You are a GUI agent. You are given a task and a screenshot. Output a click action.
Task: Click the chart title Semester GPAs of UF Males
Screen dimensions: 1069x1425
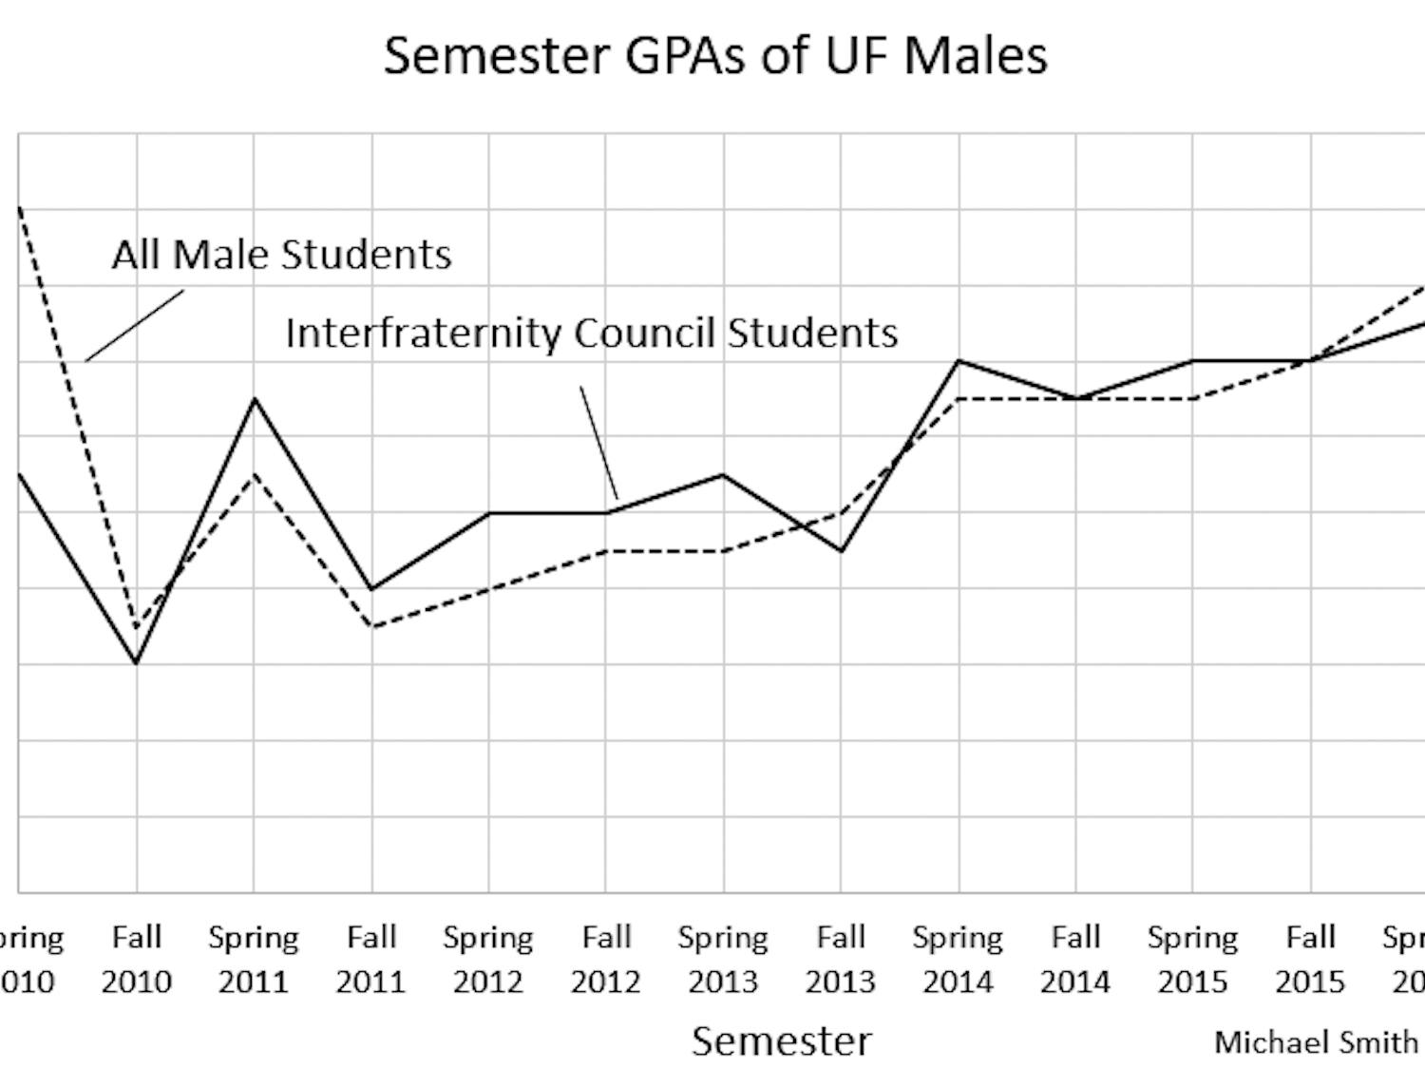click(x=715, y=55)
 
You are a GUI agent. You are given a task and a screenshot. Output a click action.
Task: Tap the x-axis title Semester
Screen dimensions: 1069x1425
click(x=781, y=1041)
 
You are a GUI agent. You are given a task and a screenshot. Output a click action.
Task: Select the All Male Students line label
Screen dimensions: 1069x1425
click(x=281, y=255)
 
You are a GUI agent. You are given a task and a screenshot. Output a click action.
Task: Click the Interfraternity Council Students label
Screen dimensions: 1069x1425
click(x=591, y=334)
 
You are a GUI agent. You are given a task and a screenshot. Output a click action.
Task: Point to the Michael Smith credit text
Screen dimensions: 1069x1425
click(x=1316, y=1042)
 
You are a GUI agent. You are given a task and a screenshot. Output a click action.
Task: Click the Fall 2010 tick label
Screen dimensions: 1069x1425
click(x=137, y=959)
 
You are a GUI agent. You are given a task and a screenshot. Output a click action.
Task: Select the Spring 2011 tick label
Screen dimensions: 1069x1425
click(x=254, y=959)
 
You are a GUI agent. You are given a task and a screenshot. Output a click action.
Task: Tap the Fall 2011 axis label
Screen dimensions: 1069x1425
click(x=371, y=959)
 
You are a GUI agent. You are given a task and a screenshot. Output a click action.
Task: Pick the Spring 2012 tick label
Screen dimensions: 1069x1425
click(x=488, y=959)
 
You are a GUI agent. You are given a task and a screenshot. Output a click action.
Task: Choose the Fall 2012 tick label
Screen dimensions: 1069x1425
click(x=606, y=959)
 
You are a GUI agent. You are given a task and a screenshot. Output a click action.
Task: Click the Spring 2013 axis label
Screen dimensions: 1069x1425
click(x=723, y=959)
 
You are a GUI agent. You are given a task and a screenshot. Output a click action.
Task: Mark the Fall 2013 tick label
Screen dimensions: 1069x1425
click(x=841, y=959)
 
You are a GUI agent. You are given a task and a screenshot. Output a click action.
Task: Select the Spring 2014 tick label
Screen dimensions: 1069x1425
click(x=958, y=959)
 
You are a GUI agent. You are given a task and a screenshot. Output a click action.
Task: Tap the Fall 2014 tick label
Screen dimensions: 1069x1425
click(x=1075, y=959)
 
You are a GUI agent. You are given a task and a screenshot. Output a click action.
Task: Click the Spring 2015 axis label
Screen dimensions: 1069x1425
click(x=1192, y=959)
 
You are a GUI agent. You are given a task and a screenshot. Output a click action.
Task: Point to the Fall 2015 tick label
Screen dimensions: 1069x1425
click(x=1310, y=959)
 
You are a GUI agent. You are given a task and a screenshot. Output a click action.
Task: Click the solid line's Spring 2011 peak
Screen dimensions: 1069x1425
click(x=254, y=399)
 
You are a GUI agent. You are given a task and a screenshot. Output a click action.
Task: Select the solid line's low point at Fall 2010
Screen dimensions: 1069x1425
click(x=137, y=663)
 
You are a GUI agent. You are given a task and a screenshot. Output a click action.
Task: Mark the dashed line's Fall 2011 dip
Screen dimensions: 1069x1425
click(x=371, y=626)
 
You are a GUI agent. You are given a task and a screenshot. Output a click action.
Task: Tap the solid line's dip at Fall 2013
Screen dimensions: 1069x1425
click(x=841, y=551)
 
